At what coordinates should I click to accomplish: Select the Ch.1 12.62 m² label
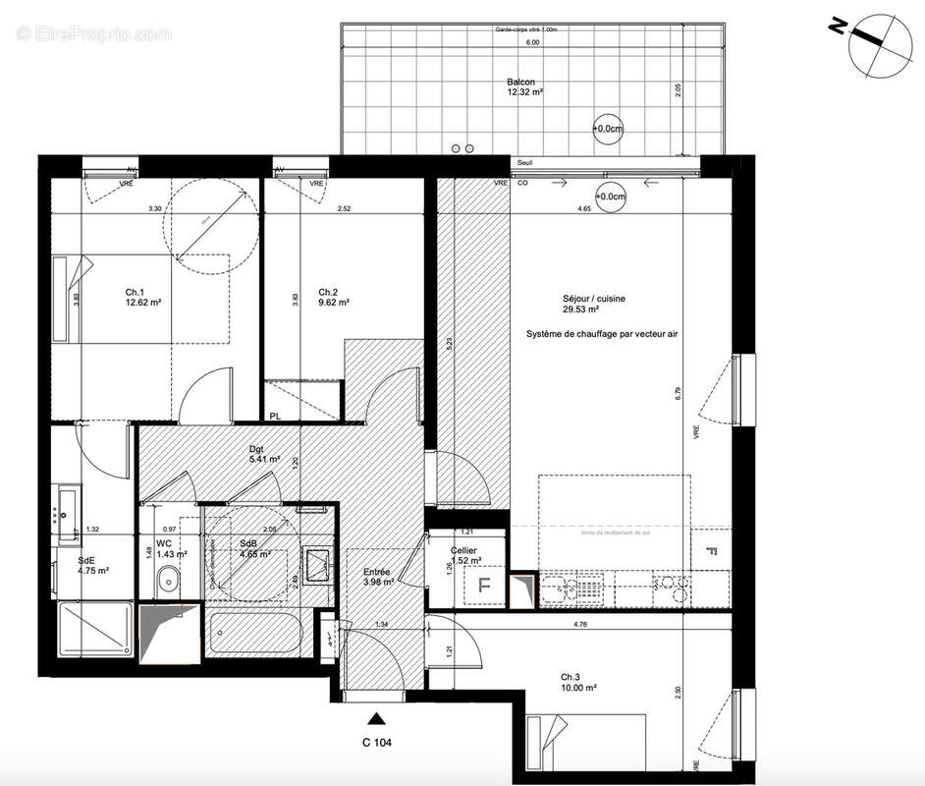click(x=142, y=298)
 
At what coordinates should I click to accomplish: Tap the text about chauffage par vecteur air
click(x=601, y=334)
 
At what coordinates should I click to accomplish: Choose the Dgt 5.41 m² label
click(x=264, y=453)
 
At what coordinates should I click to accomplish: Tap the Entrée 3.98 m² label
click(x=377, y=577)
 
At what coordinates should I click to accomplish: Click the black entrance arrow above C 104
click(x=375, y=718)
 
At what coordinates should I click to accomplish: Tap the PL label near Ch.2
click(x=276, y=417)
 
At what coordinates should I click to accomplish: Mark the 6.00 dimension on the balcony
click(x=531, y=43)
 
